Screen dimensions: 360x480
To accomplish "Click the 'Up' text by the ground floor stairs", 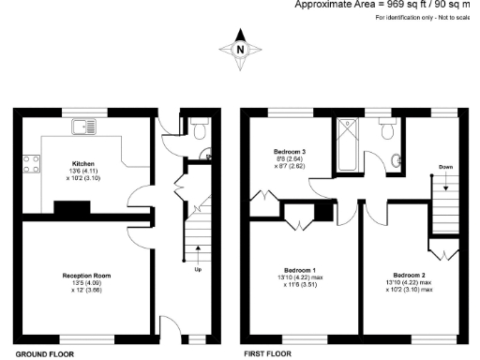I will point(198,270).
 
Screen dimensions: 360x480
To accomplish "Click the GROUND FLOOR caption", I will point(45,354).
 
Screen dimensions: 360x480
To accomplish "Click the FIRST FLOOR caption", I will point(268,354).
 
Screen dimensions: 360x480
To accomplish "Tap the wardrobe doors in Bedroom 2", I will point(443,251).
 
